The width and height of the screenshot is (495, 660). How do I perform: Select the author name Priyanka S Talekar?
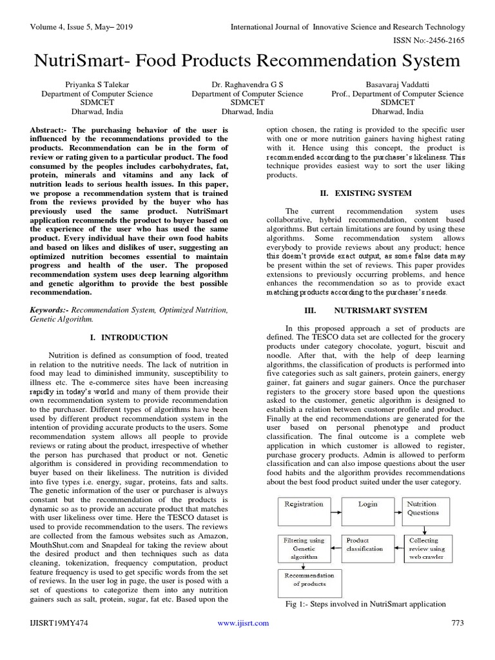(x=97, y=84)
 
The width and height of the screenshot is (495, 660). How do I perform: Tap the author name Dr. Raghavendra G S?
(x=247, y=84)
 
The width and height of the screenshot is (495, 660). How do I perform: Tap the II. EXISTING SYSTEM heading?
(x=365, y=193)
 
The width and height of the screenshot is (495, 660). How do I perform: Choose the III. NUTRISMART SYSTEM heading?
(x=365, y=310)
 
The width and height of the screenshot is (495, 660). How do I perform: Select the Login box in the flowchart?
(x=368, y=509)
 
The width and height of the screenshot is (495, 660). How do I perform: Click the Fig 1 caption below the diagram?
(x=365, y=604)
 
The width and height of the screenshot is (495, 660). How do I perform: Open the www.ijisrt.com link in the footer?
(x=243, y=623)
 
